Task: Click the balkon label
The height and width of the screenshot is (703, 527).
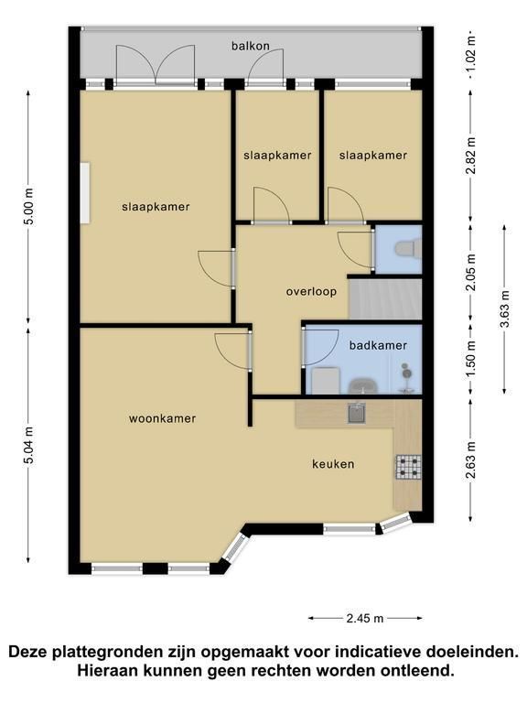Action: click(251, 46)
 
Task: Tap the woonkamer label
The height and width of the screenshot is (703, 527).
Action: click(162, 418)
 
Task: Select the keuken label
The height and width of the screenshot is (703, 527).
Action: click(333, 464)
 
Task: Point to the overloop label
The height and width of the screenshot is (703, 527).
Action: click(311, 292)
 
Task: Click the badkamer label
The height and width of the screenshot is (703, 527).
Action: click(378, 346)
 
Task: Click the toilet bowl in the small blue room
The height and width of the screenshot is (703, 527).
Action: click(407, 248)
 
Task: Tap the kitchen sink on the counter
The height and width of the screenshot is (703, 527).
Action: click(357, 413)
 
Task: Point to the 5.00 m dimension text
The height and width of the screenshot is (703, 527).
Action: click(28, 207)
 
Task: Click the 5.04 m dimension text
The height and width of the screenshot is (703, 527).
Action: click(28, 445)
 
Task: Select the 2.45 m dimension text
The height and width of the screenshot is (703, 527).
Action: click(365, 618)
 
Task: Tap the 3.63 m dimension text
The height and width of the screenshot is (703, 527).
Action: click(505, 308)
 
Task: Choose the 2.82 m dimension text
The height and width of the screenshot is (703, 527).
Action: click(470, 155)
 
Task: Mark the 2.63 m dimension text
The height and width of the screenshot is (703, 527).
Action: click(470, 460)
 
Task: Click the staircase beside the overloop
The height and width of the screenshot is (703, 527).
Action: click(385, 299)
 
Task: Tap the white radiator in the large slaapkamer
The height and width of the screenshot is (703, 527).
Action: click(85, 193)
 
